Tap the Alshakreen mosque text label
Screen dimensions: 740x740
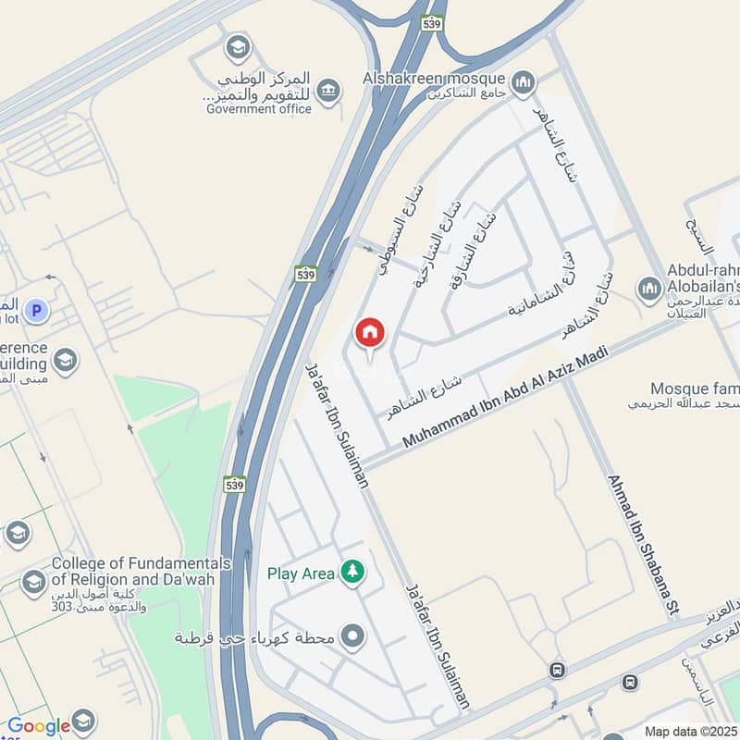[x=434, y=79]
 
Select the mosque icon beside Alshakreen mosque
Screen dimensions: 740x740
[x=524, y=83]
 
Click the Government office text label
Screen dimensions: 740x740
[x=259, y=108]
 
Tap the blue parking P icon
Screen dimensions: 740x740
[x=36, y=311]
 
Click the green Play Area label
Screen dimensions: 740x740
[x=301, y=573]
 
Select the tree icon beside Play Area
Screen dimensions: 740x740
[x=351, y=573]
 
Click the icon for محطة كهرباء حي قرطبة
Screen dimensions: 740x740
[x=351, y=637]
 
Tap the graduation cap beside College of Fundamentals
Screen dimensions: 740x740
[x=33, y=582]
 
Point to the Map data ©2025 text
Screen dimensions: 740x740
[x=690, y=731]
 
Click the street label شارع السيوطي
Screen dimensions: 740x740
[x=399, y=231]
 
